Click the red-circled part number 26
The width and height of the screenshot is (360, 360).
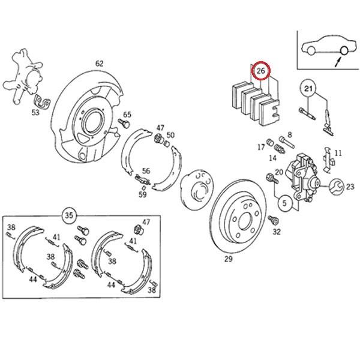click(x=260, y=71)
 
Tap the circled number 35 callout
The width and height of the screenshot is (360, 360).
click(x=70, y=214)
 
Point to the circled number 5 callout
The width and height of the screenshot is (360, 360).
click(x=285, y=203)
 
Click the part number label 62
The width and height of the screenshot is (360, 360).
click(x=99, y=63)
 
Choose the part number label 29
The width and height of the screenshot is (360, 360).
click(x=228, y=259)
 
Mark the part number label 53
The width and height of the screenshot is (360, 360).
click(x=35, y=111)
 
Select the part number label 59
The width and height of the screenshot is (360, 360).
click(x=142, y=194)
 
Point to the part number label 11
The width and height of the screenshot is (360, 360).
click(x=338, y=154)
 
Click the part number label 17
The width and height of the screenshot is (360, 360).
click(x=261, y=146)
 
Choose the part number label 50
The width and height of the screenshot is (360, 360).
click(x=170, y=135)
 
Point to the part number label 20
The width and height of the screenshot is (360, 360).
click(x=279, y=172)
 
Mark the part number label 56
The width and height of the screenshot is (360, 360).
click(x=146, y=170)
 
